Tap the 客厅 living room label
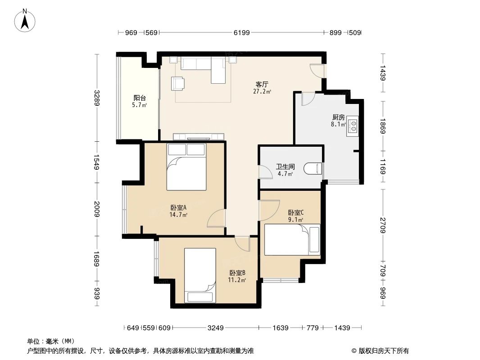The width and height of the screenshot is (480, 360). click(x=262, y=84)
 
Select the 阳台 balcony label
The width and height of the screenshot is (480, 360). click(x=140, y=98)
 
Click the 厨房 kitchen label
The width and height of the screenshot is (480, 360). click(x=338, y=117)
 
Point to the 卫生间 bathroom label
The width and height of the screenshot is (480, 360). click(x=285, y=166)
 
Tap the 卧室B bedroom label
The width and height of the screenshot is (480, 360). click(x=237, y=273)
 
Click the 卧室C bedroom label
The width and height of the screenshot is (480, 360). click(x=296, y=213)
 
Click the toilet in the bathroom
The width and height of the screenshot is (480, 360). click(x=313, y=168)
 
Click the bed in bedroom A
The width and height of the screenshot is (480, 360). click(x=186, y=167)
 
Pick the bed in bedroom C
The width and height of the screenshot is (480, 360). click(x=292, y=239)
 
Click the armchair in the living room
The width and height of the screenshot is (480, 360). click(x=177, y=83)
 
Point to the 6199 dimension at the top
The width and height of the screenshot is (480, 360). click(x=241, y=33)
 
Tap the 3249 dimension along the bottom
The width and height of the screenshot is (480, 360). click(x=216, y=328)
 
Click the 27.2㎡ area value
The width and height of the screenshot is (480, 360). click(x=262, y=91)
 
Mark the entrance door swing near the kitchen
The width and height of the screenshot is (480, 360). click(x=317, y=71)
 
